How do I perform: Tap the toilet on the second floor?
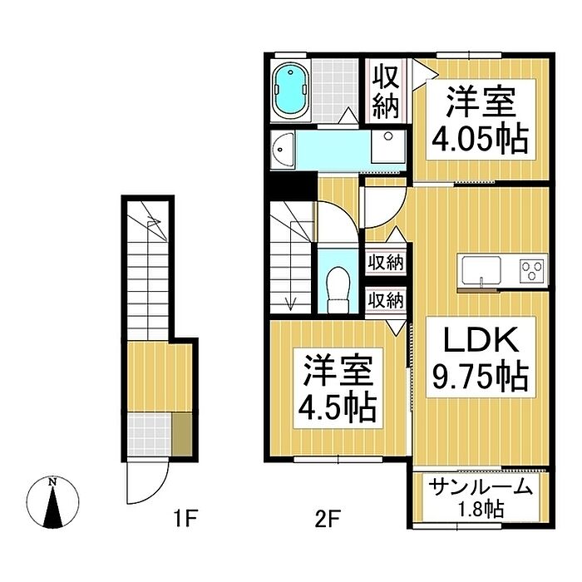(338, 290)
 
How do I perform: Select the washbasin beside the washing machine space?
(282, 150)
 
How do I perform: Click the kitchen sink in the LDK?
(481, 270)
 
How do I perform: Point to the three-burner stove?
(532, 269)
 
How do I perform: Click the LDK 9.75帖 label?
(481, 357)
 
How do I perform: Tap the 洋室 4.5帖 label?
(338, 388)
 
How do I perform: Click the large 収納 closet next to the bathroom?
(386, 91)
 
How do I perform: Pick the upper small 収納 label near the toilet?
(386, 264)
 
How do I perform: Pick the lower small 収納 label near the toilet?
(386, 300)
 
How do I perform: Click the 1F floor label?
(185, 519)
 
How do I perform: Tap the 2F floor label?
(328, 519)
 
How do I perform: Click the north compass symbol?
(52, 502)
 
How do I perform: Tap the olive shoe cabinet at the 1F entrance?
(182, 434)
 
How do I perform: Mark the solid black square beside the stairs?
(292, 186)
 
